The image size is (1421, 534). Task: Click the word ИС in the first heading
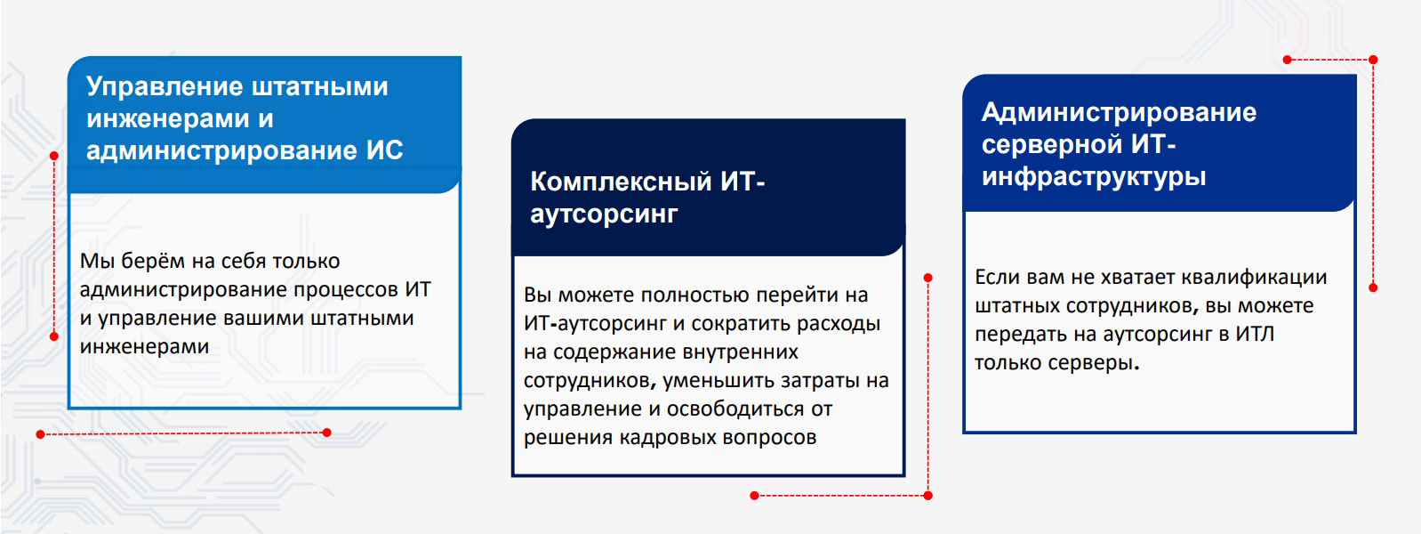tap(384, 150)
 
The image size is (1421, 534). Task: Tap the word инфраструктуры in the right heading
tap(1094, 176)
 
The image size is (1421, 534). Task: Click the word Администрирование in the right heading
tap(1119, 112)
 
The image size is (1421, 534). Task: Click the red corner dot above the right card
tap(1373, 60)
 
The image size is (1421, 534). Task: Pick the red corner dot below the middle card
tap(927, 495)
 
